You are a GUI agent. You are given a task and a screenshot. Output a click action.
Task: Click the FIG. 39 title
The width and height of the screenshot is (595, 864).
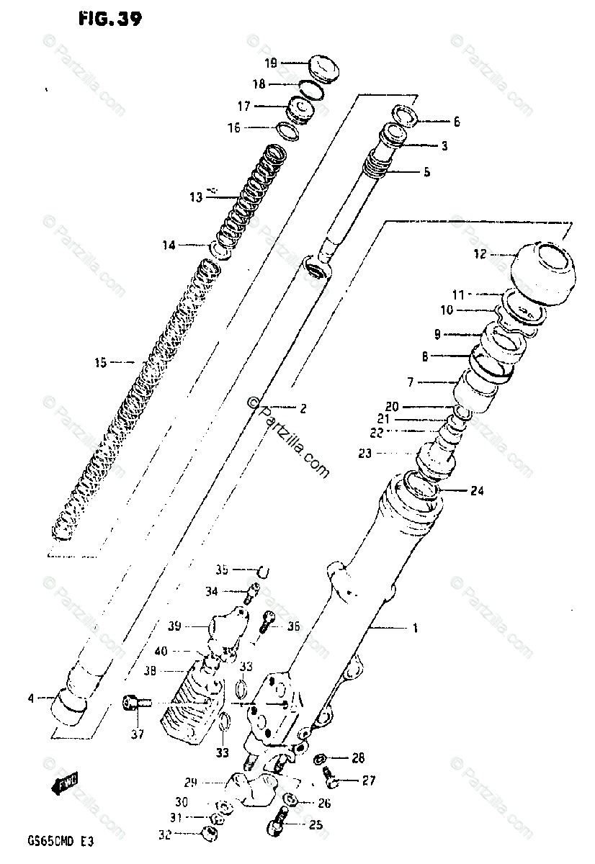109,19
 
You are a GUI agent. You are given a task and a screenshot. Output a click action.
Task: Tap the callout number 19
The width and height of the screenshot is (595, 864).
269,64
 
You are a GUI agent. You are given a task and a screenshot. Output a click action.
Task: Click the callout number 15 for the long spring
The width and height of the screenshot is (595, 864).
99,363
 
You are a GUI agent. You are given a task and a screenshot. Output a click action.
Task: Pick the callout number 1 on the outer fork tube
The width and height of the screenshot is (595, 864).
414,628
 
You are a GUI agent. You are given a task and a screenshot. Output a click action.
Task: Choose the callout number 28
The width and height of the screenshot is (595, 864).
358,758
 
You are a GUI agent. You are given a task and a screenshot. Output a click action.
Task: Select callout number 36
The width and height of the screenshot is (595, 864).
292,626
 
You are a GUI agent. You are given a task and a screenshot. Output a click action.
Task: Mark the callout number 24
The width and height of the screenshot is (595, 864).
477,492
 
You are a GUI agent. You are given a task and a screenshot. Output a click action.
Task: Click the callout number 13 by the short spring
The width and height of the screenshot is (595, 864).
197,197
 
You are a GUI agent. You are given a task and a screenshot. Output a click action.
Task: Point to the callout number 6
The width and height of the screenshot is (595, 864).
455,122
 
